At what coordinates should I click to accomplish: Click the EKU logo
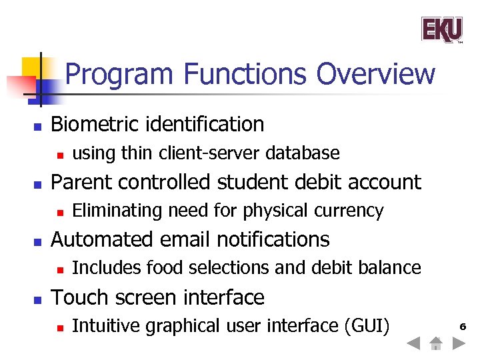tap(441, 29)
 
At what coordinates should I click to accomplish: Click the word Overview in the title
tap(375, 73)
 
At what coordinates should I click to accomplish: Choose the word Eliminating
tap(117, 211)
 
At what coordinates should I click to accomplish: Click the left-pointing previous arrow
tap(413, 344)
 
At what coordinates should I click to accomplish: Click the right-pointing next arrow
tap(458, 344)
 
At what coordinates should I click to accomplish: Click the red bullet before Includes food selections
tap(59, 269)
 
